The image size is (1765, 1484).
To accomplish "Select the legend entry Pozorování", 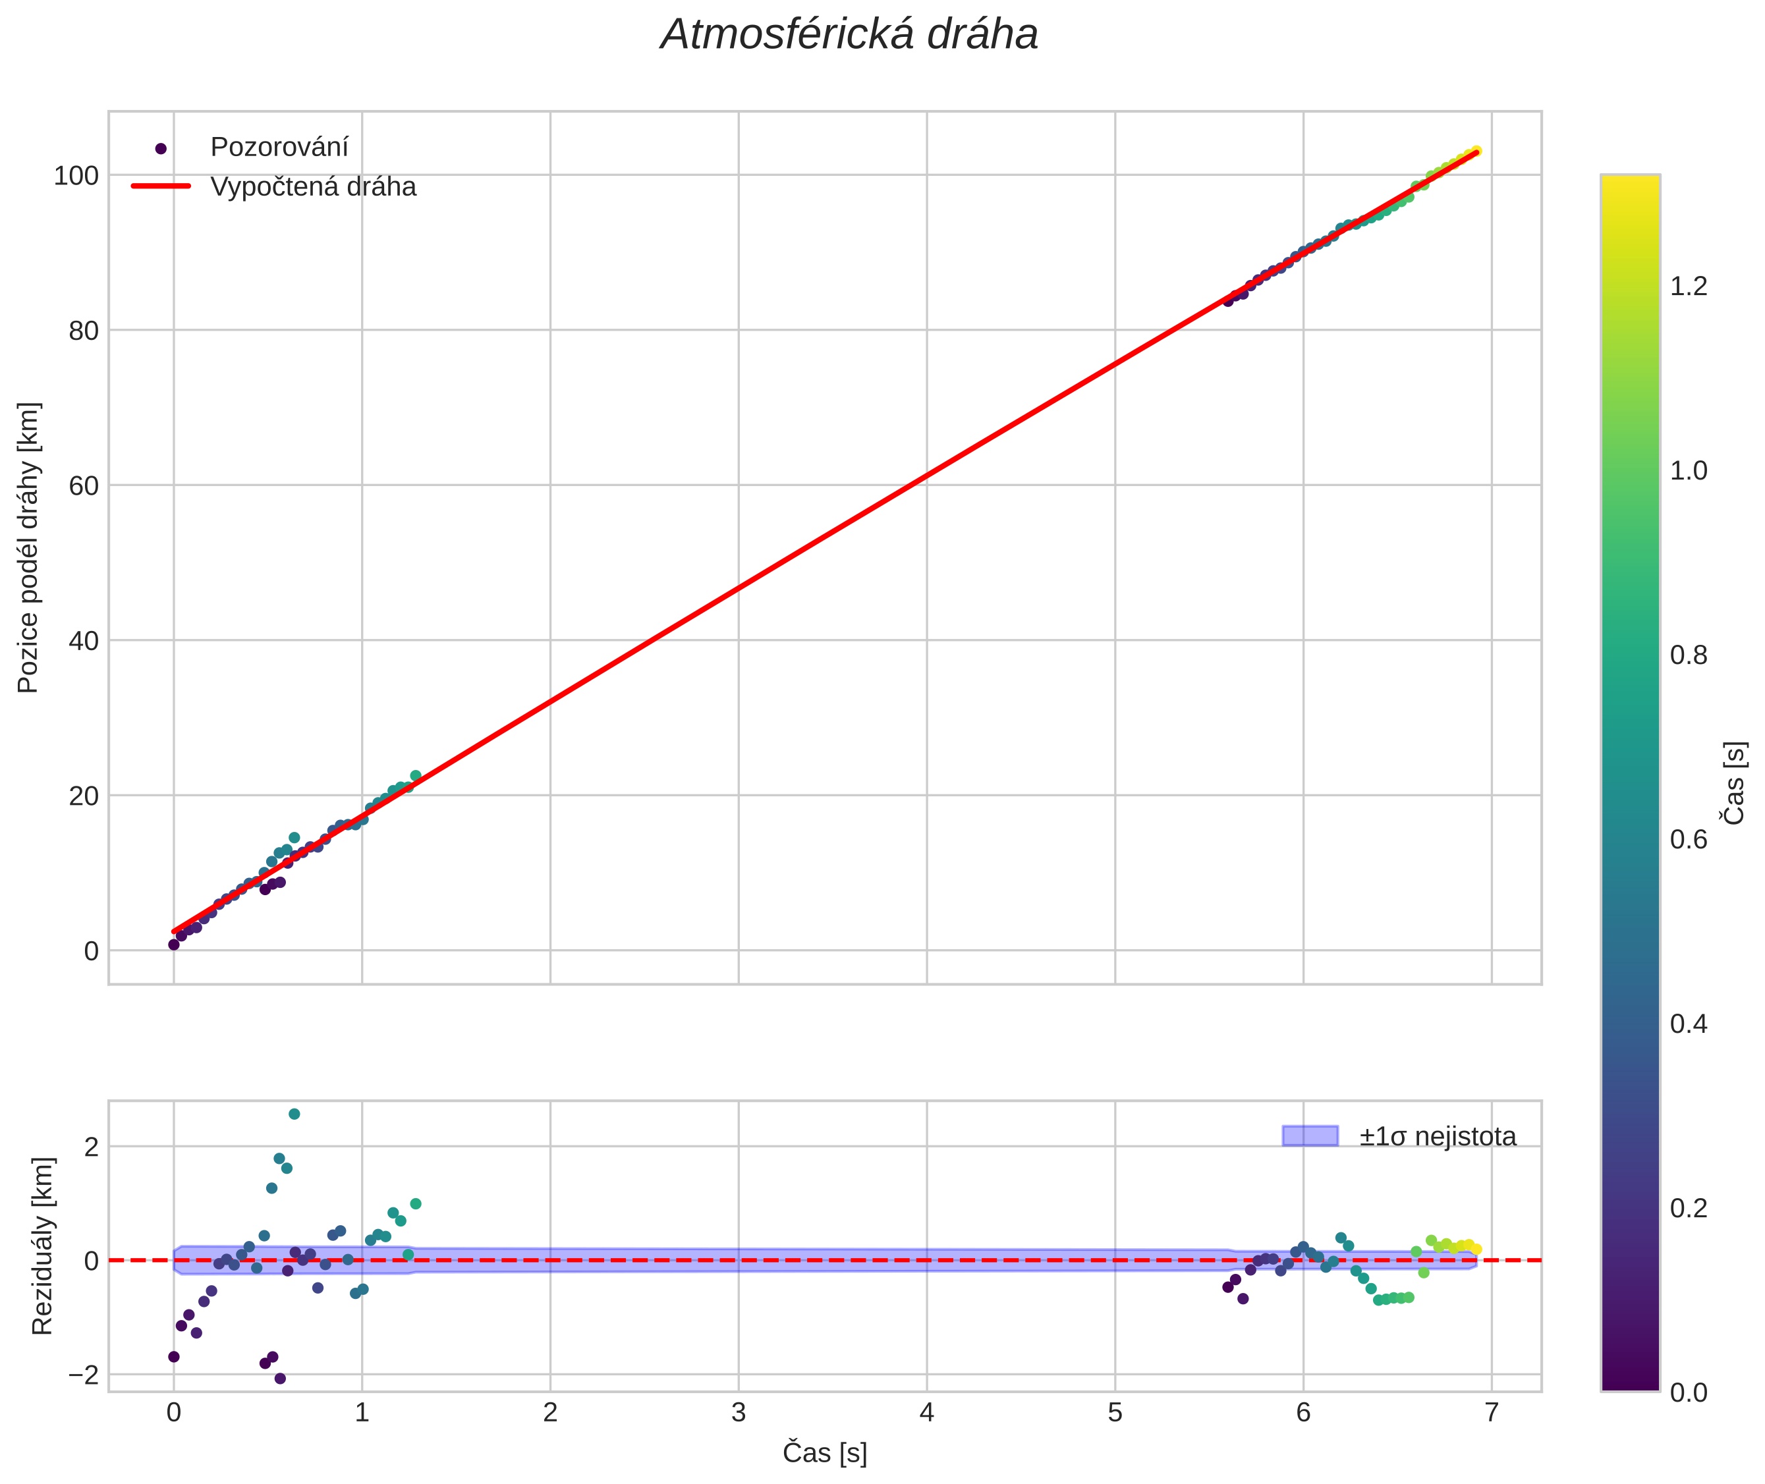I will [x=279, y=148].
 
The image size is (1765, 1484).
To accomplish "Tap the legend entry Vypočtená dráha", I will [x=312, y=187].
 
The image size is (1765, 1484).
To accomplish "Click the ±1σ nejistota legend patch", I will [x=1309, y=1136].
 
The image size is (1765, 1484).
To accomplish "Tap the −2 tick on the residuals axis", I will [x=81, y=1375].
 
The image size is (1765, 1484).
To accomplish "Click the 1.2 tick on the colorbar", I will [x=1689, y=286].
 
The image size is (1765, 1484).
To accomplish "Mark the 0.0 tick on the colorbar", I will [x=1689, y=1392].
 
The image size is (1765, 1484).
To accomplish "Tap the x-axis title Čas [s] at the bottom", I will [x=824, y=1453].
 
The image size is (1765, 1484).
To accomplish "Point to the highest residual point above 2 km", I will [x=294, y=1114].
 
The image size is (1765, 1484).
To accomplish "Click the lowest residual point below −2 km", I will [x=280, y=1378].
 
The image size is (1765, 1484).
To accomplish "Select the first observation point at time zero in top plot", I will [x=173, y=945].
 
